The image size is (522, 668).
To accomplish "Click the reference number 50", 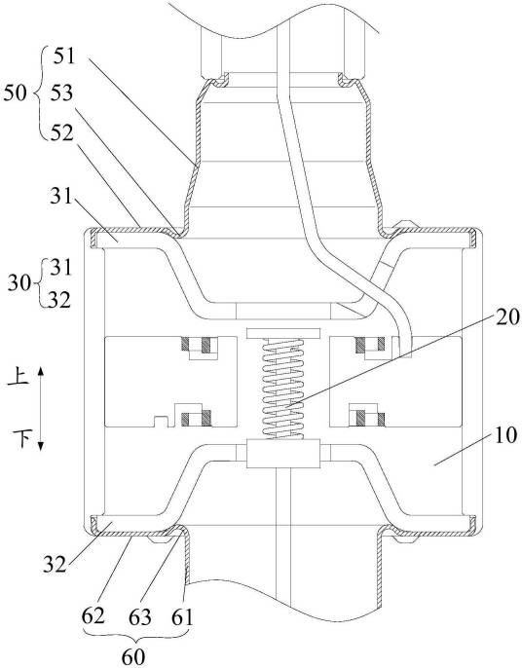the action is coord(15,93).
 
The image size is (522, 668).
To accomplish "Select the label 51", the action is coord(64,56).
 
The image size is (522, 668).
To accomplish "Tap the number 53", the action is coord(61,93).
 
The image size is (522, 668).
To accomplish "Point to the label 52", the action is coord(61,133).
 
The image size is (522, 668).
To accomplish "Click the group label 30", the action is coord(19,282).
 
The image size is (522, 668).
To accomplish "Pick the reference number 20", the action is coord(507,317).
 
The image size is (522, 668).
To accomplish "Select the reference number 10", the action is coord(505,435).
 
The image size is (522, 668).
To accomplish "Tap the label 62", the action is coord(93,616).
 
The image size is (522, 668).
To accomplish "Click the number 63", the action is coord(140,617).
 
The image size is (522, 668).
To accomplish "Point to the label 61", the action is coord(182,617).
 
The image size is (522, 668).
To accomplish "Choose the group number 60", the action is coord(133,656).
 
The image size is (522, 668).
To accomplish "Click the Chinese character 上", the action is coord(19,378).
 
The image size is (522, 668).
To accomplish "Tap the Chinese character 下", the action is coord(20,438).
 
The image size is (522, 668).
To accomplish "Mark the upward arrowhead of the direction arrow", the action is coord(41,371).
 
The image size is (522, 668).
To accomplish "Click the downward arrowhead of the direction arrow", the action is coord(41,446).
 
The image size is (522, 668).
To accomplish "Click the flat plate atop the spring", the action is coord(283,333).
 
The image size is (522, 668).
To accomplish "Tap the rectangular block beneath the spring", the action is coord(283,454).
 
